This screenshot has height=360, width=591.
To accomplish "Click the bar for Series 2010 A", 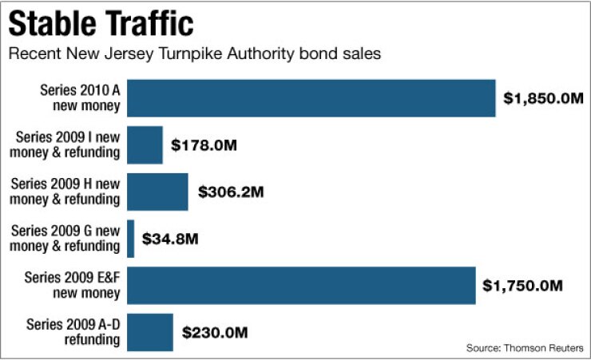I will [311, 98].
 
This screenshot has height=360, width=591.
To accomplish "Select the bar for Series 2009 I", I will [145, 145].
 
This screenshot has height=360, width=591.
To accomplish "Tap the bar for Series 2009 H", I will [157, 192].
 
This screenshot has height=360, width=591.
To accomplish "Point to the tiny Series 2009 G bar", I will [130, 239].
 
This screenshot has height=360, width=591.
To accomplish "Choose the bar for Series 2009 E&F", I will [301, 285].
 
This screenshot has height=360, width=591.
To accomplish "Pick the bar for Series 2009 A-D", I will [150, 332].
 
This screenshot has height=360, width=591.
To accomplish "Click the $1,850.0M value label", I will [543, 99].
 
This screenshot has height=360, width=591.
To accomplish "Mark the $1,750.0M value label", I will [523, 285].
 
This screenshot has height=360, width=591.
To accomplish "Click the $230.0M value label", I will [216, 332].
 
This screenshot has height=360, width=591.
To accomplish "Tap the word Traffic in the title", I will [149, 23].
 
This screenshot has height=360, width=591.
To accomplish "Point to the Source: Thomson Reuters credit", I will [525, 348].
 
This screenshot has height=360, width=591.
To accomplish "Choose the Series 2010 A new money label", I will [80, 98].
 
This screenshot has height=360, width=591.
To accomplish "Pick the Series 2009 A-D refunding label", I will [73, 332].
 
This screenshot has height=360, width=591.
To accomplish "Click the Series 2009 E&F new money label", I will [73, 285].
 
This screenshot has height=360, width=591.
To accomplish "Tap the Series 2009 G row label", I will [65, 239].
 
